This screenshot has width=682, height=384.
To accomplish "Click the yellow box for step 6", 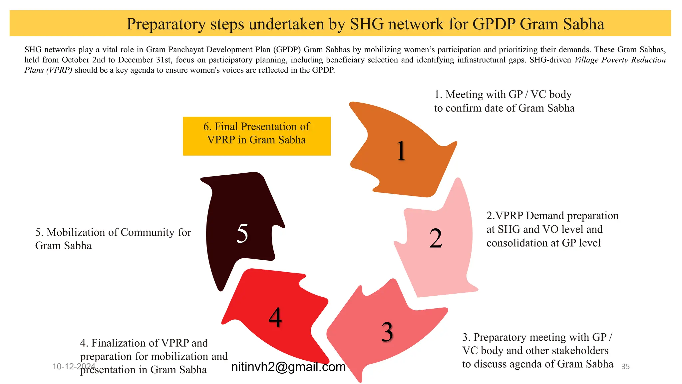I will [256, 136].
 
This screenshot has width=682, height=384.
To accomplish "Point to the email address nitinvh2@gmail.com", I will [288, 367].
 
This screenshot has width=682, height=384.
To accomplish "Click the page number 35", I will [625, 367].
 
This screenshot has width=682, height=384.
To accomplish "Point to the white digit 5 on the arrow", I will [242, 233].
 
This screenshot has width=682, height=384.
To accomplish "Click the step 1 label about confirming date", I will [504, 101].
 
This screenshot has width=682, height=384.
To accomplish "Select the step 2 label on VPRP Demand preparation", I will [552, 229].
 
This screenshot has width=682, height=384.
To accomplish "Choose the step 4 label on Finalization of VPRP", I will [154, 356].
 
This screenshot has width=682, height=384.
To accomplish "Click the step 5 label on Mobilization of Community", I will [113, 239].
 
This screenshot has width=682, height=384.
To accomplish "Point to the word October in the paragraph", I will [76, 60].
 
